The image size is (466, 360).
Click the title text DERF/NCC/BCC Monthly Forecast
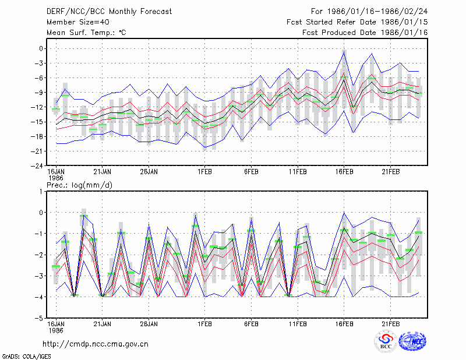(109, 12)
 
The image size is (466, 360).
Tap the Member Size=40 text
(78, 22)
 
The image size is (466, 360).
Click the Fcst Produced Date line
(365, 33)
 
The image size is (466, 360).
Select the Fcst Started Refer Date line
(357, 22)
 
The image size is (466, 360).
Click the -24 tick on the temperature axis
(38, 165)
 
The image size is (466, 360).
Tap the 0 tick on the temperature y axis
(41, 48)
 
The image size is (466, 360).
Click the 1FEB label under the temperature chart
(204, 172)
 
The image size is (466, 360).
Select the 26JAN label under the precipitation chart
(149, 324)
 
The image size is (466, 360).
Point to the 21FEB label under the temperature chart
(390, 172)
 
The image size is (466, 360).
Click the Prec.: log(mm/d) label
(79, 185)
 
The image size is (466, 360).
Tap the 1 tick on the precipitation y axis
(41, 192)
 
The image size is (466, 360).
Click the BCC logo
(386, 341)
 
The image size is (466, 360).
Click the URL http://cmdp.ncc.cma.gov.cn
(96, 344)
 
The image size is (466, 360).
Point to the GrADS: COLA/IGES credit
(26, 357)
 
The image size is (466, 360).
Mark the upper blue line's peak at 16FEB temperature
(344, 51)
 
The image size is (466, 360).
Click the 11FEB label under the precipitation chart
(298, 324)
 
